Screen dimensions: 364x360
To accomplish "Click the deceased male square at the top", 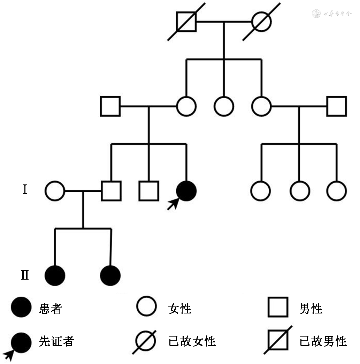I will click(x=186, y=21).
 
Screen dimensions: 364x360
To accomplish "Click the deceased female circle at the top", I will click(x=261, y=21).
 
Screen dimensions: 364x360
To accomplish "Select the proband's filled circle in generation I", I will click(x=186, y=191).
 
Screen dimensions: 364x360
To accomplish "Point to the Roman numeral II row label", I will click(x=25, y=275).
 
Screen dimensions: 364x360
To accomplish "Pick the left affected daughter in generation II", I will click(x=55, y=275).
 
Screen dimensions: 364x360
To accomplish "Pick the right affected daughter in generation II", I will click(x=110, y=275).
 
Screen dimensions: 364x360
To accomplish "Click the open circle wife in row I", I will click(x=55, y=191).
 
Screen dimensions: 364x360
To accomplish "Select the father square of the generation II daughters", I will click(x=111, y=191).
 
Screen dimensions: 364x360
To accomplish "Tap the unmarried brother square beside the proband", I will click(x=149, y=191).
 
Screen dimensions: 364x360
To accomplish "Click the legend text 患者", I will click(x=51, y=309).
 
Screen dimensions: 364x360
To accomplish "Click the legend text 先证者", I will click(x=57, y=341).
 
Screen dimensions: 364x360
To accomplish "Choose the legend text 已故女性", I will click(x=192, y=341).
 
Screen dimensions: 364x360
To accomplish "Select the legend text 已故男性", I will click(x=323, y=341).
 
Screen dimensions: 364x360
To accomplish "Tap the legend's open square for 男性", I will click(x=278, y=307).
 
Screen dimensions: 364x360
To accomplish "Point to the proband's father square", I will click(x=110, y=106).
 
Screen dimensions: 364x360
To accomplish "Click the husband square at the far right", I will click(x=337, y=106).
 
